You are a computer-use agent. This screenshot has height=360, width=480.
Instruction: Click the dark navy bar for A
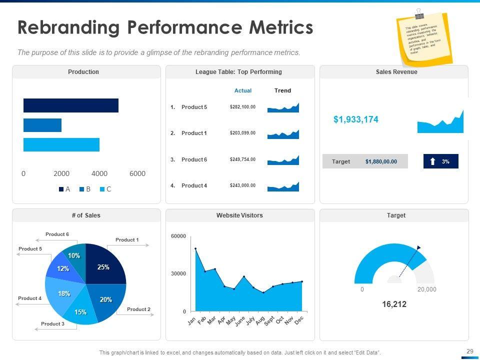(x=70, y=105)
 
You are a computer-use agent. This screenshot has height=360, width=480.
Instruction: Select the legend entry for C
(x=105, y=189)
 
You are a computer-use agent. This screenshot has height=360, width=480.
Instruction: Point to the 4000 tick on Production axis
(x=99, y=173)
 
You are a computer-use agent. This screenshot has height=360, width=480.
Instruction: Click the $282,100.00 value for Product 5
(x=242, y=107)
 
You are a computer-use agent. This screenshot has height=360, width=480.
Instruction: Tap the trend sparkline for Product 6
(x=283, y=160)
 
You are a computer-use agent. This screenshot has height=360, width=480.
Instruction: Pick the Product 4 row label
(x=194, y=185)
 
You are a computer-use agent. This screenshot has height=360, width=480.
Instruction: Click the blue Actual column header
(x=243, y=90)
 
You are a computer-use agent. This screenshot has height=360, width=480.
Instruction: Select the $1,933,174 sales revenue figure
(x=356, y=119)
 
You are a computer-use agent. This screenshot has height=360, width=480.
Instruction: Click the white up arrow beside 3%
(x=432, y=161)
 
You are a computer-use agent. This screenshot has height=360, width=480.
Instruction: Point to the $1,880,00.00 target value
(x=381, y=161)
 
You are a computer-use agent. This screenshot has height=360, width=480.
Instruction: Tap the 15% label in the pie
(x=80, y=312)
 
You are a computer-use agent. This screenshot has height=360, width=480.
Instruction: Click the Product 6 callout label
(x=57, y=234)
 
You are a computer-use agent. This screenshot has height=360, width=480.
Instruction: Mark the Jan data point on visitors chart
(x=195, y=248)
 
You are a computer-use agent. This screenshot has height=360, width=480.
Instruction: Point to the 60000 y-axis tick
(x=178, y=236)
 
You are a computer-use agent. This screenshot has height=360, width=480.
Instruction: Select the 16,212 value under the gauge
(x=394, y=303)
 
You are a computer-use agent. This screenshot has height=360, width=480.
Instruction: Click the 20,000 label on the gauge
(x=426, y=289)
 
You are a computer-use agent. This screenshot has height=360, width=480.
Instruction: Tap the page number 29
(x=469, y=351)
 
